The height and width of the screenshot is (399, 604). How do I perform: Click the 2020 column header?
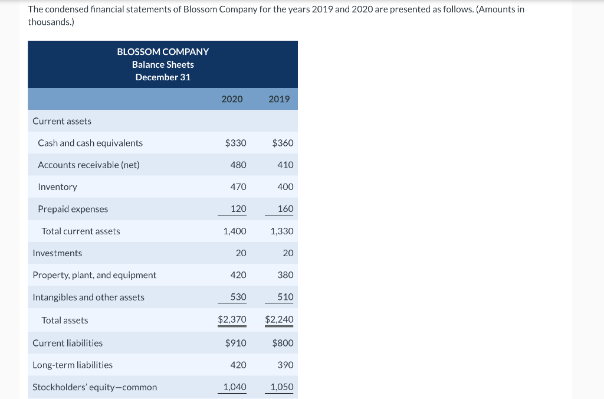[x=232, y=99]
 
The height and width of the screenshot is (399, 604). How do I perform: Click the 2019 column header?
[x=279, y=99]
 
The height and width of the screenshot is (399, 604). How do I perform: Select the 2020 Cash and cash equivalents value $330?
[x=236, y=143]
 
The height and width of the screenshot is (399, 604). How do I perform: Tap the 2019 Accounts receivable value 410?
[x=285, y=165]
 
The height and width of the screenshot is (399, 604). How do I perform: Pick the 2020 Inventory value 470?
[x=238, y=187]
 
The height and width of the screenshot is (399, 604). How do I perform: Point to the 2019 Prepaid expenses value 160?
[x=285, y=209]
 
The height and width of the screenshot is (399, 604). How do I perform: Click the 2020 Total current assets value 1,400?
[x=235, y=231]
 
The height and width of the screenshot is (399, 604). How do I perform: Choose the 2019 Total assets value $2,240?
[x=279, y=320]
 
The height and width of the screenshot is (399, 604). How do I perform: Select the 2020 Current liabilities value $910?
[x=236, y=343]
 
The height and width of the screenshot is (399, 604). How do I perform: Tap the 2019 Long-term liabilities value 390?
[x=285, y=365]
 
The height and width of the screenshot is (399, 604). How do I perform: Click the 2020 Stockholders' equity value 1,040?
[x=235, y=387]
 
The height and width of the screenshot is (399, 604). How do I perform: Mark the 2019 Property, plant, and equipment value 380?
[x=285, y=275]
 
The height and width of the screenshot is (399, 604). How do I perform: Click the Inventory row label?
[x=57, y=187]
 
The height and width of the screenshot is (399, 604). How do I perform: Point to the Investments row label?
[x=57, y=253]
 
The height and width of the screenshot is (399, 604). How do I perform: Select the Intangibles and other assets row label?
[x=88, y=297]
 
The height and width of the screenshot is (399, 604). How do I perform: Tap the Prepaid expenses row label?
[x=73, y=209]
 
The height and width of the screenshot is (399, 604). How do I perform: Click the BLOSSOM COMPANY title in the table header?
[x=163, y=52]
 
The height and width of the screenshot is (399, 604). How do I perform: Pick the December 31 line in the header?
[x=163, y=77]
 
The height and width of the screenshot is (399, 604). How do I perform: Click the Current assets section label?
[x=62, y=121]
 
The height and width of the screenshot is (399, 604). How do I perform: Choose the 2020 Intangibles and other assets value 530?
[x=238, y=297]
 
